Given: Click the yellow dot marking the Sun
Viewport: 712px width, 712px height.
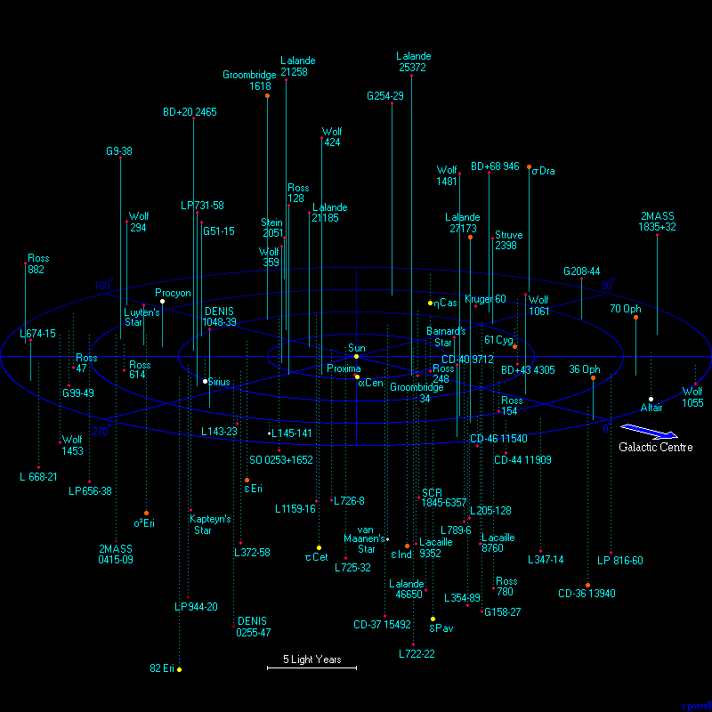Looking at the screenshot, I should (356, 357).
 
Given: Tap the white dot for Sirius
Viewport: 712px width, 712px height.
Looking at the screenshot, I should (206, 381).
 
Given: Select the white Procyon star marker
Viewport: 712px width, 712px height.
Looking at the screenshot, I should (162, 302).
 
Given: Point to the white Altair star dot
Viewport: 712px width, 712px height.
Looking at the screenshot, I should (651, 399).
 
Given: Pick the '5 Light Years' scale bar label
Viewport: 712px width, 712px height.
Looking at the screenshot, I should (311, 659).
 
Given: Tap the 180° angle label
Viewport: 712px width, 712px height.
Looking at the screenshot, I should (103, 286).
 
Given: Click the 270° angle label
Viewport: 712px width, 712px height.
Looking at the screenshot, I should (101, 432).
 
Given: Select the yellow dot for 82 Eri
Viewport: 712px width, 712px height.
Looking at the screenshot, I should (179, 668).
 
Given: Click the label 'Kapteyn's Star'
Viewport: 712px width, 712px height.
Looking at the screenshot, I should (212, 524).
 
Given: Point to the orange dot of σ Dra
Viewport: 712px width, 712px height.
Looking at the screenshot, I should (530, 167).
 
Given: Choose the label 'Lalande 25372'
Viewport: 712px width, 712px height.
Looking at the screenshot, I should (414, 61).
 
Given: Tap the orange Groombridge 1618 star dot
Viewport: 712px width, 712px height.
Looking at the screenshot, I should (267, 95).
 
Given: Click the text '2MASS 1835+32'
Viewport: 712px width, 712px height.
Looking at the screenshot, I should (658, 222).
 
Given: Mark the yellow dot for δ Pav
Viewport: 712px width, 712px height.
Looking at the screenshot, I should (433, 619).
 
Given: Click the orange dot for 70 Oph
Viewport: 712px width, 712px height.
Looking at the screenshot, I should (635, 318).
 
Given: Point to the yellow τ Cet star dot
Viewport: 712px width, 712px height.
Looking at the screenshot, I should (319, 547).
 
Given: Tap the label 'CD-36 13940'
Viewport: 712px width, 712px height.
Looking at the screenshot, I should (587, 594).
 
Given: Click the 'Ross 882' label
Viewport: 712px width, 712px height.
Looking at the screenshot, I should (37, 263).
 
